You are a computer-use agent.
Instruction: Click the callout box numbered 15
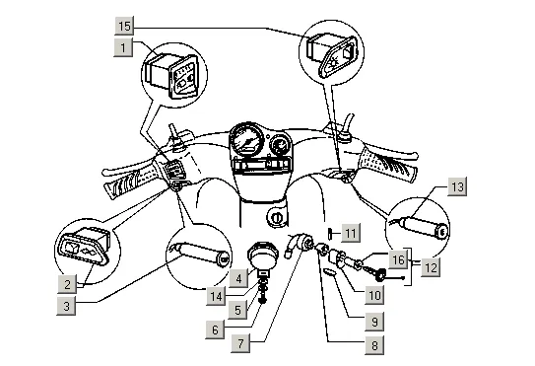click(124, 26)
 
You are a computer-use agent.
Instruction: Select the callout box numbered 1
click(123, 47)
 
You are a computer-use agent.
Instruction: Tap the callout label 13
click(457, 186)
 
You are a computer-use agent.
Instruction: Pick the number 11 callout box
click(351, 233)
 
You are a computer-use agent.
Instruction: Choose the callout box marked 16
click(398, 259)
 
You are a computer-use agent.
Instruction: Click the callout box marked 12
click(431, 267)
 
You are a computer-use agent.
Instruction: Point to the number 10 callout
click(374, 295)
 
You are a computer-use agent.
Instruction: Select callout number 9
click(374, 322)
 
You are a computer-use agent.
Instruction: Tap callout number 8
click(374, 345)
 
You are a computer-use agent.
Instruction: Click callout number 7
click(240, 343)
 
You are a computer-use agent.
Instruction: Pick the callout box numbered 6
click(215, 329)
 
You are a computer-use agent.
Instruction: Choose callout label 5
click(237, 310)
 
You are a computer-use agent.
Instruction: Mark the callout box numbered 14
click(216, 296)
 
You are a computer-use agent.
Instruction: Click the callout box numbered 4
click(238, 278)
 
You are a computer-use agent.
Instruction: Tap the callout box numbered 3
click(66, 306)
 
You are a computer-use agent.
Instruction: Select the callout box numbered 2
click(67, 284)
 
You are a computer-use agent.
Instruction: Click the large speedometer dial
click(247, 139)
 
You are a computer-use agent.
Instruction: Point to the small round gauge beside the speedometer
click(281, 145)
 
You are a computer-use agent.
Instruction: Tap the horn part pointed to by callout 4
click(262, 257)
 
